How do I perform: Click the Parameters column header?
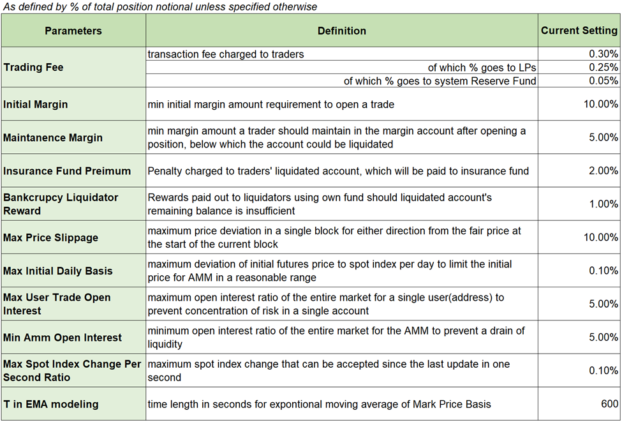click(73, 31)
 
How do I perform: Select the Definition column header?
click(341, 31)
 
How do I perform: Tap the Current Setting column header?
click(579, 31)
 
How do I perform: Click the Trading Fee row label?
click(33, 67)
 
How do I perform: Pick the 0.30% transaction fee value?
click(603, 54)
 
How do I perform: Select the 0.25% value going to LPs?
click(603, 68)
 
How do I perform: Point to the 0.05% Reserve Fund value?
click(603, 81)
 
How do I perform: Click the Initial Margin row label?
click(36, 104)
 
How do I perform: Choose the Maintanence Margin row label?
click(53, 137)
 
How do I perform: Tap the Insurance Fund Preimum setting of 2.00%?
click(603, 170)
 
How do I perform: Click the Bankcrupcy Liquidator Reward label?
click(61, 204)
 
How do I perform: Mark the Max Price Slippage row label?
click(51, 237)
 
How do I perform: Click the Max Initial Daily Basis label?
click(57, 271)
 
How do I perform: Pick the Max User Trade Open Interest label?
click(57, 304)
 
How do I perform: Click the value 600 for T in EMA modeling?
click(609, 403)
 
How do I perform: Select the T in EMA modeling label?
click(51, 403)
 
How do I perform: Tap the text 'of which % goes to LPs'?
click(482, 68)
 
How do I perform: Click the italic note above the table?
click(160, 6)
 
